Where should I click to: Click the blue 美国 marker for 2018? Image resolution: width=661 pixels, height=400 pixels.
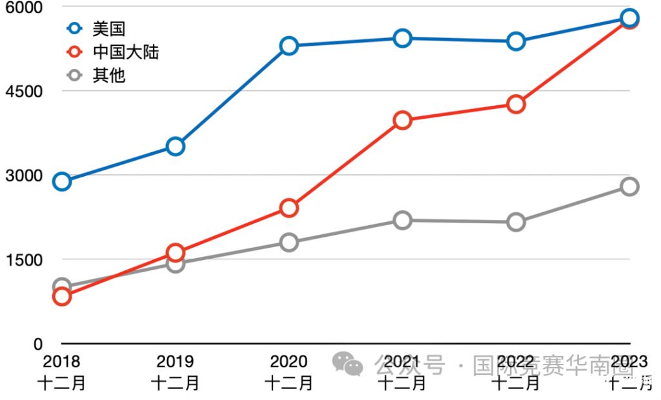coord(62,181)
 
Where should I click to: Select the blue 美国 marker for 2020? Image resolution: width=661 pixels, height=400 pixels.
coord(289,46)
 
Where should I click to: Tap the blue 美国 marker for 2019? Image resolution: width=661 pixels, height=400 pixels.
coord(176,146)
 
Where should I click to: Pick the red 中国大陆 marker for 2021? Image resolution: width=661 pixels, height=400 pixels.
coord(403,121)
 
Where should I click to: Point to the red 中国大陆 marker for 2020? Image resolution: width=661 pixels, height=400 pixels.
coord(289,208)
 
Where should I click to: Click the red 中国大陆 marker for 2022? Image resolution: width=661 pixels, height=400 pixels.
coord(516,105)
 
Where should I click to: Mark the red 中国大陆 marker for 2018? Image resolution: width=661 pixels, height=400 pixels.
coord(62,296)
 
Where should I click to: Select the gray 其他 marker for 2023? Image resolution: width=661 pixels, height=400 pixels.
coord(629,186)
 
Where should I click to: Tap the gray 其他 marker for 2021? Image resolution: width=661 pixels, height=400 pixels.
coord(403,221)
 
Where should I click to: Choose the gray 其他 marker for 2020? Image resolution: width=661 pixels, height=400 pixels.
coord(289,243)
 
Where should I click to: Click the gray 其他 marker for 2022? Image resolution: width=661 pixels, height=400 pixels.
coord(516,223)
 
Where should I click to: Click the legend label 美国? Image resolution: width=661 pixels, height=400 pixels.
coord(108,28)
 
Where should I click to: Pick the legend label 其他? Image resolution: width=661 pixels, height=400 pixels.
coord(108,75)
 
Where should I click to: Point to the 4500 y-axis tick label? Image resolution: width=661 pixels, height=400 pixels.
coord(24,91)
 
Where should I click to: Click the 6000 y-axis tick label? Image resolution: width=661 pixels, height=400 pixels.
coord(24,7)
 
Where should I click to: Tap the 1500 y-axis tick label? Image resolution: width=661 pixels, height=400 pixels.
coord(24,259)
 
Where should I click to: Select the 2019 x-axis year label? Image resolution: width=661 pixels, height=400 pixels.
coord(176,361)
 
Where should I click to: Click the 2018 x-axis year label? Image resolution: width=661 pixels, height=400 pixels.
coord(62,361)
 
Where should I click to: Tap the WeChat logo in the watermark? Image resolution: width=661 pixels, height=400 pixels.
coord(347,365)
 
